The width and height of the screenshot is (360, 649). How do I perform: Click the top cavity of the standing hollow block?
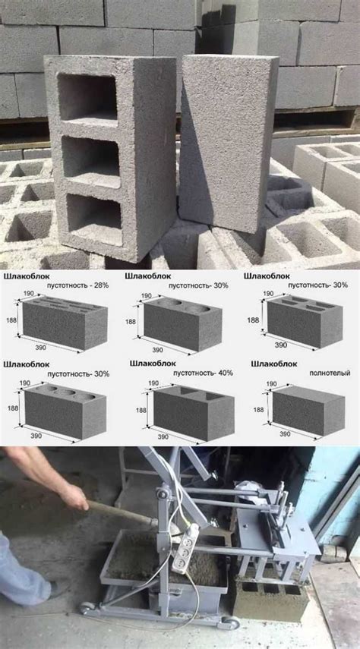[x=87, y=97]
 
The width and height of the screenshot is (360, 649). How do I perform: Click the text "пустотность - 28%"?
[x=78, y=285]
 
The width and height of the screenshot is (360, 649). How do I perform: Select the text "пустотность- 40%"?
[x=201, y=373]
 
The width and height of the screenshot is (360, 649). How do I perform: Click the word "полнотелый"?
[x=330, y=373]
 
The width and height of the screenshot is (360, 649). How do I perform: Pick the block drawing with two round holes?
[x=183, y=323]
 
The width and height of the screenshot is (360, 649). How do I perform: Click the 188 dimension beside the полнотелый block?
[x=258, y=410]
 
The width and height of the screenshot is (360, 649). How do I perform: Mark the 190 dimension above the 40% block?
[x=153, y=383]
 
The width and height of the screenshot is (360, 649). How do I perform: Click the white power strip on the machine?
[x=186, y=547]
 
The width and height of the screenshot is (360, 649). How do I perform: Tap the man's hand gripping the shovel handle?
[x=74, y=496]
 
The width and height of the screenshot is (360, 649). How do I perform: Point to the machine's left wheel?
[x=87, y=607]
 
